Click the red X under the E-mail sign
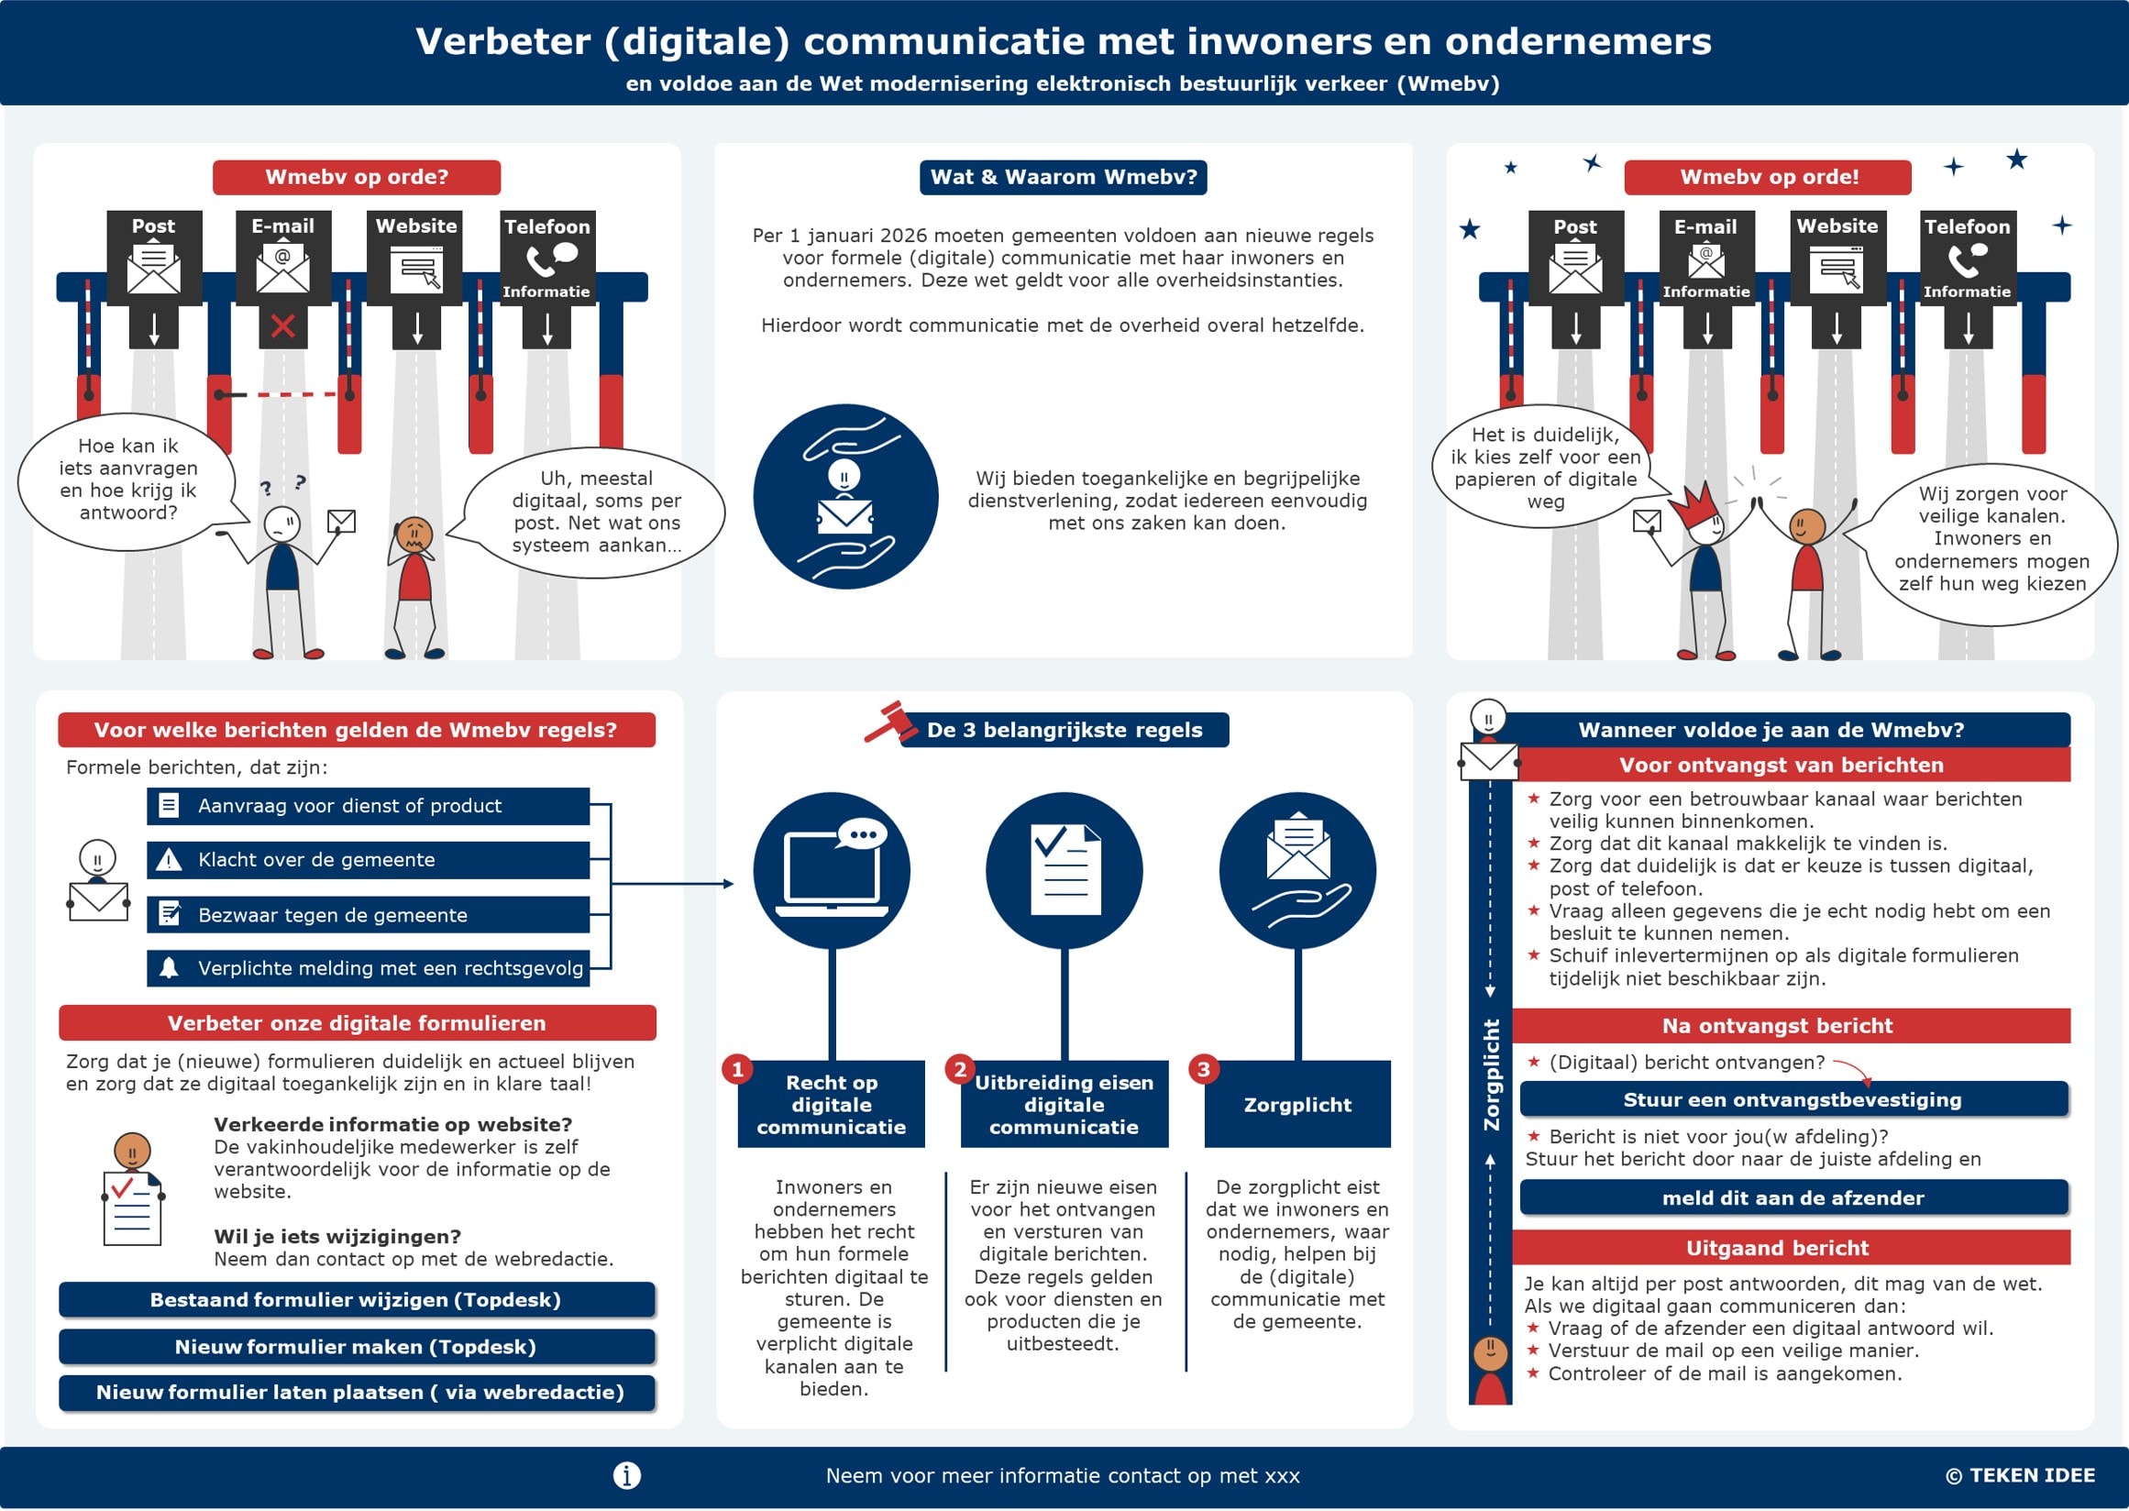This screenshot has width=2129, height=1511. click(x=283, y=325)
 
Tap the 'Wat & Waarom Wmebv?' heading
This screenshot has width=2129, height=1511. click(x=1063, y=177)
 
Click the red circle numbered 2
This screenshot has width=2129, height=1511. click(x=959, y=1068)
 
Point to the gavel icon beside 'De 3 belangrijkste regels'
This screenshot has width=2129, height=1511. click(x=886, y=722)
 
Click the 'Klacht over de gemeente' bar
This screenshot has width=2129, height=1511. click(x=368, y=860)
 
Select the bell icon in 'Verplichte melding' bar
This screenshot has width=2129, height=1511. click(x=169, y=967)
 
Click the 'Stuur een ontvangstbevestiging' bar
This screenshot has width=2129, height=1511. click(x=1793, y=1098)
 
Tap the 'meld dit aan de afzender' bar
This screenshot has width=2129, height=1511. click(x=1793, y=1197)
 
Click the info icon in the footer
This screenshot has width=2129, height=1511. click(x=626, y=1474)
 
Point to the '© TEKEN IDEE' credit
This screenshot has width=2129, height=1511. click(x=2019, y=1474)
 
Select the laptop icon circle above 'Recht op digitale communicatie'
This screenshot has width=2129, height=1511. click(x=831, y=870)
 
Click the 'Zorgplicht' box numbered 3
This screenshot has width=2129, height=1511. click(x=1297, y=1105)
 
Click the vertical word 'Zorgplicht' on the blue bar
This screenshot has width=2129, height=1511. click(x=1491, y=1075)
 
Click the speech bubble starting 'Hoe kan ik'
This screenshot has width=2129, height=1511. click(x=127, y=480)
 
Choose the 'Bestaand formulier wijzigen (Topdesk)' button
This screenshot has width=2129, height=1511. click(x=357, y=1299)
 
